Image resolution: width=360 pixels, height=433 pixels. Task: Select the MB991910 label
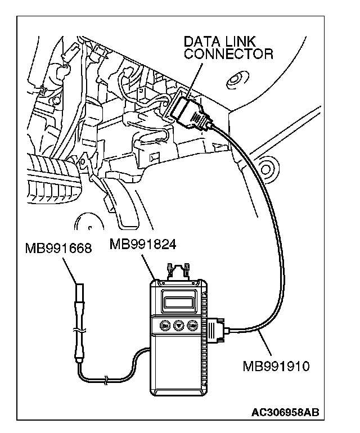click(x=276, y=366)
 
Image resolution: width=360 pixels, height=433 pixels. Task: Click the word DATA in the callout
click(x=202, y=43)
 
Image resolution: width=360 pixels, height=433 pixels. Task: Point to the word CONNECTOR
click(x=228, y=54)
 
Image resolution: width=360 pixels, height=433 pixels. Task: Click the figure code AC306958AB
click(x=285, y=412)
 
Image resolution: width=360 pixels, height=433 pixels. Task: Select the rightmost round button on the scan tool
click(x=193, y=324)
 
